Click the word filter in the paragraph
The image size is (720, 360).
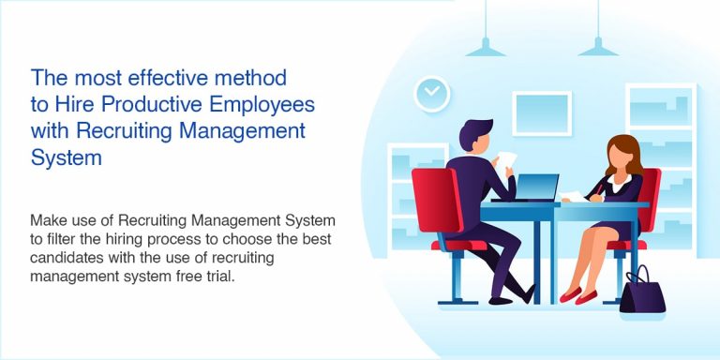[59, 239]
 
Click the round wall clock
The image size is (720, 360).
[431, 91]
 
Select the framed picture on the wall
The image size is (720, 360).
[541, 113]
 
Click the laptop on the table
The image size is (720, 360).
[528, 187]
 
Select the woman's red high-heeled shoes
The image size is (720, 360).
[577, 295]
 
